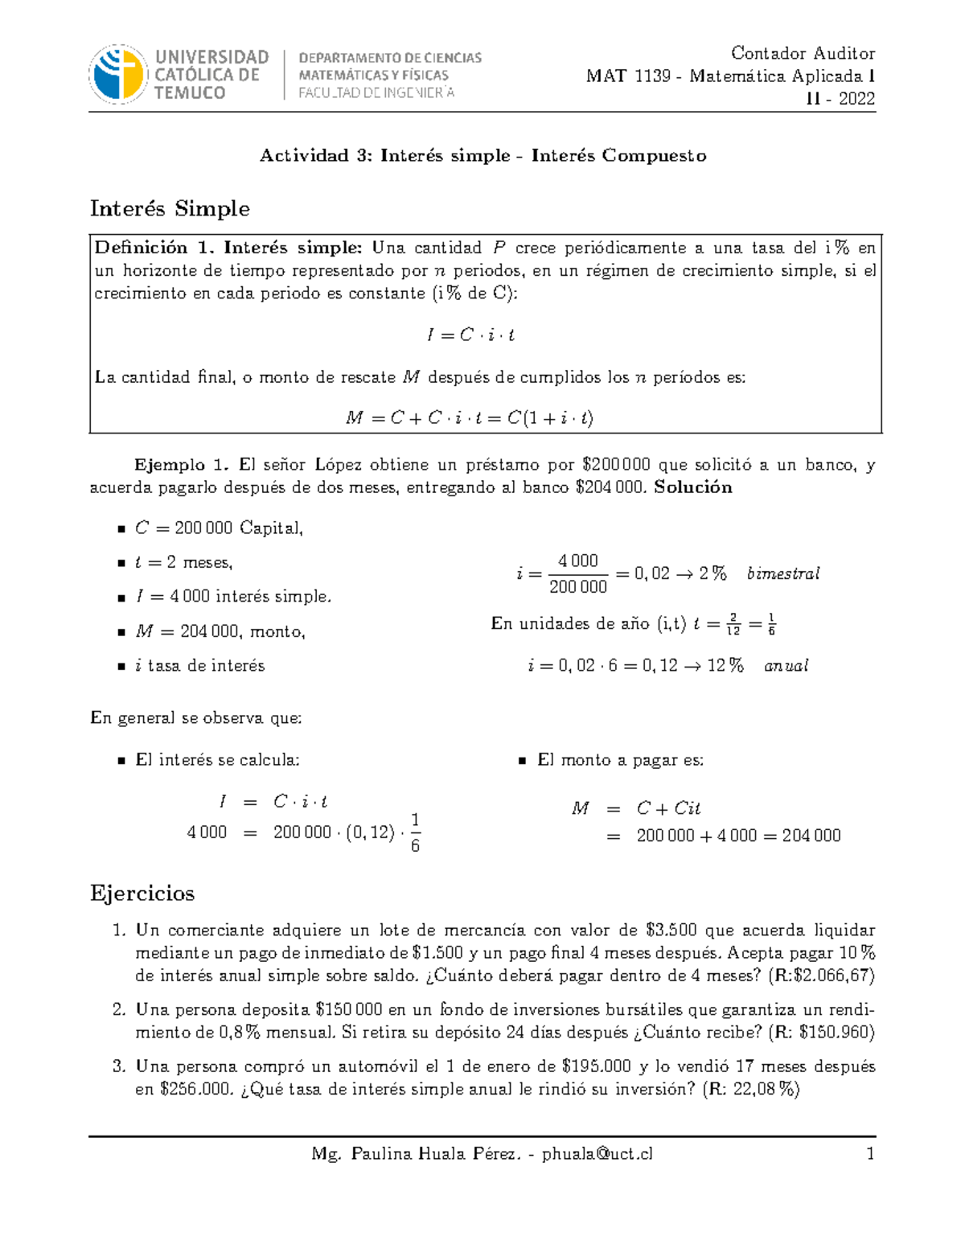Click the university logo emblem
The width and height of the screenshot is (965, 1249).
tap(118, 74)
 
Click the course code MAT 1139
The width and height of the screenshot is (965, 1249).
tap(628, 76)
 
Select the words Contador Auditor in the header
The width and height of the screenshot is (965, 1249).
tap(802, 53)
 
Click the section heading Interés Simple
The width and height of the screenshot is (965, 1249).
tap(170, 208)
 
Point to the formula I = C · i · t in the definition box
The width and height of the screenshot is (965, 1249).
tap(470, 335)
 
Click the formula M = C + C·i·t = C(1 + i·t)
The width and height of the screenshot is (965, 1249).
tap(470, 417)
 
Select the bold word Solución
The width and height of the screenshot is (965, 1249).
tap(693, 487)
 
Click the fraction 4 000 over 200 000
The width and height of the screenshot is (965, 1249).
tap(577, 573)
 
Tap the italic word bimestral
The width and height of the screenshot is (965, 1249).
tap(782, 573)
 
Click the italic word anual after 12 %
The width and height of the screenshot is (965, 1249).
tap(786, 666)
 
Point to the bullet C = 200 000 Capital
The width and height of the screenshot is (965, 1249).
tap(219, 528)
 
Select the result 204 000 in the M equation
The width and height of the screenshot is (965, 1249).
tap(811, 836)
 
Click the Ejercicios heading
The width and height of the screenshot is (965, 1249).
tap(142, 894)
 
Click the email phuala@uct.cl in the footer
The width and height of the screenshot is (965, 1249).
tap(597, 1154)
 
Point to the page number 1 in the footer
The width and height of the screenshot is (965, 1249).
tap(869, 1154)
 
